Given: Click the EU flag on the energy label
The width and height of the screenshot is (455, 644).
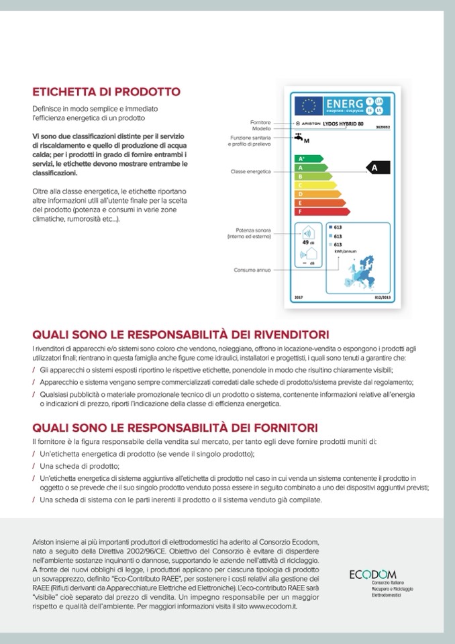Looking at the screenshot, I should [309, 105].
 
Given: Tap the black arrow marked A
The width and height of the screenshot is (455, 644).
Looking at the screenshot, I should [376, 168].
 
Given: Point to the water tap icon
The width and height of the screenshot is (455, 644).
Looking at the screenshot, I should [297, 138].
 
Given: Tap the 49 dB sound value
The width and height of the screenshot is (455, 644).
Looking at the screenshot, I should [308, 242].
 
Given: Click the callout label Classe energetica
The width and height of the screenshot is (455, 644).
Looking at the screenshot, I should [250, 171].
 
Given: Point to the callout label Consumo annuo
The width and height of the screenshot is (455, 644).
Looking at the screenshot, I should [252, 270].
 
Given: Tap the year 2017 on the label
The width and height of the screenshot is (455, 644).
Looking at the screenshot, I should [299, 297].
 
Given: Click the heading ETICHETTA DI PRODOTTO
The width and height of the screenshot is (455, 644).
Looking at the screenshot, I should [106, 91].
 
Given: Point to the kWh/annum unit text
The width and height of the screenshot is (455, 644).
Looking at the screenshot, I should [344, 252].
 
